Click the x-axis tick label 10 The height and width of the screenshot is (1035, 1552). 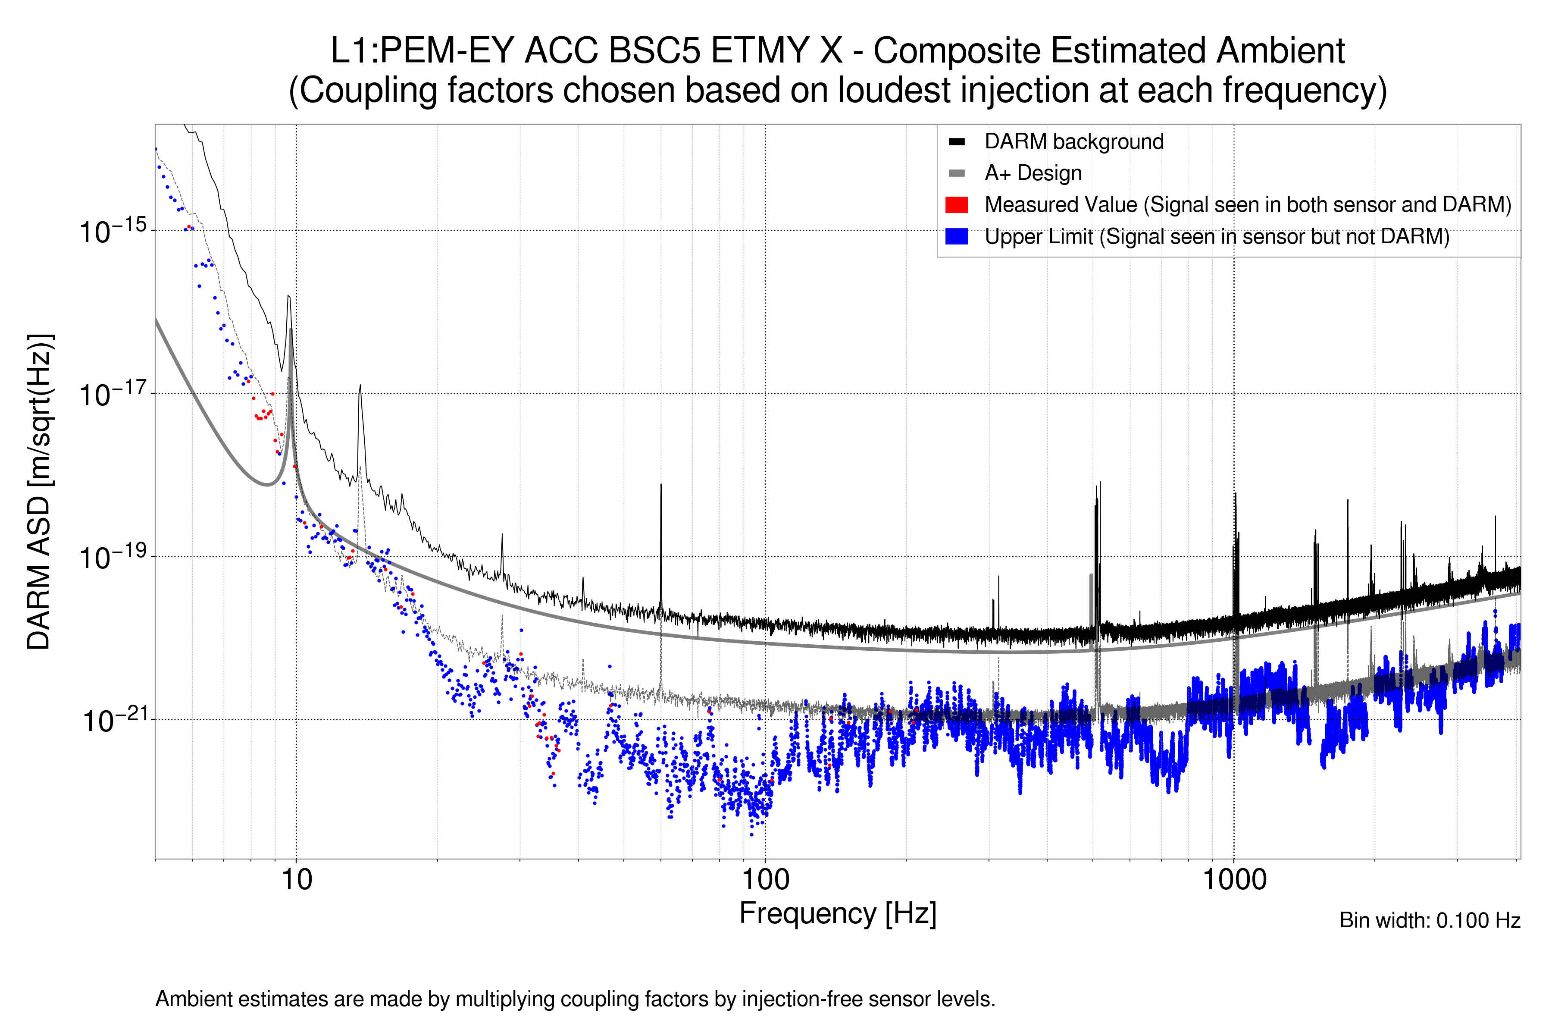[x=296, y=880]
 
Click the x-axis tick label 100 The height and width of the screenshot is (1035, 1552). [x=765, y=880]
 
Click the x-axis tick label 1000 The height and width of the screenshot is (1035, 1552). [x=1234, y=880]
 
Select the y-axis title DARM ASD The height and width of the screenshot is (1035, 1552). [x=40, y=491]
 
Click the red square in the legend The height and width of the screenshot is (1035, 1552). [x=956, y=204]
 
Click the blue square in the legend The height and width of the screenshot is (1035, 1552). [x=956, y=236]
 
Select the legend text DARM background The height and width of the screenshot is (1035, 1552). [x=1073, y=142]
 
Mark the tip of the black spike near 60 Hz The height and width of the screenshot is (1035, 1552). [x=660, y=485]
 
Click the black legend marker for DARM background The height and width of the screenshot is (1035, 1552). [x=956, y=142]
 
